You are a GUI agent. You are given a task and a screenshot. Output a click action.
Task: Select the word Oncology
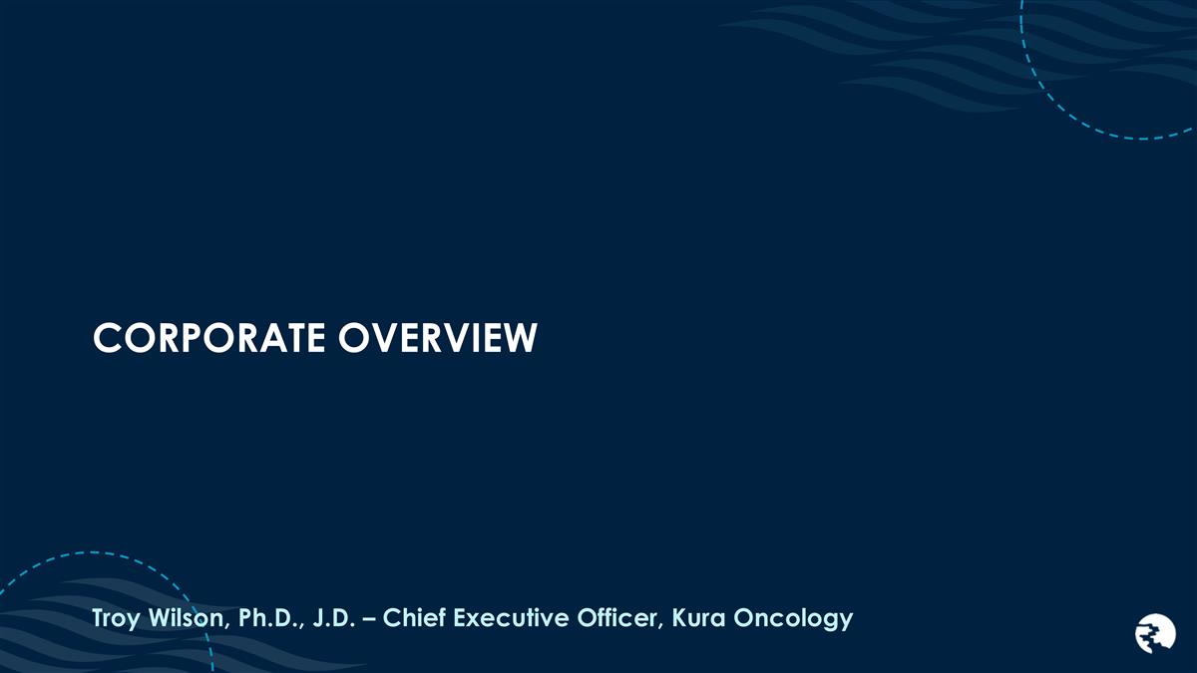pos(794,619)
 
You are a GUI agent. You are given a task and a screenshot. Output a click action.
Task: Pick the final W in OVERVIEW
pos(521,339)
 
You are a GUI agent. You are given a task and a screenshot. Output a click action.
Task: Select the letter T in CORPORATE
pos(286,339)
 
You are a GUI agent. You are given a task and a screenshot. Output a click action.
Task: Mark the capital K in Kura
pos(679,618)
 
